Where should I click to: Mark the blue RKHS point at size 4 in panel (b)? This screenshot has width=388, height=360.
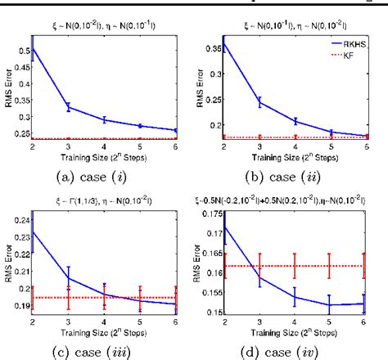click(x=295, y=122)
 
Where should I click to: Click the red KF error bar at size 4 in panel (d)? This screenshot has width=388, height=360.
click(x=294, y=266)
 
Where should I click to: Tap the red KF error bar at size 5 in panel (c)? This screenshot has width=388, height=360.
click(x=140, y=298)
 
